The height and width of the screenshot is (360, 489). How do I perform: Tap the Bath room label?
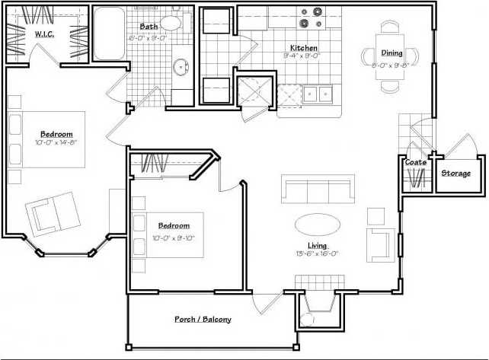[x=149, y=26]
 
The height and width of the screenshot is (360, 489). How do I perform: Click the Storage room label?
[x=456, y=173]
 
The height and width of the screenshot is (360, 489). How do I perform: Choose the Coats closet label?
[x=415, y=162]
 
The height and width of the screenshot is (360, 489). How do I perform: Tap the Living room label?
[x=317, y=245]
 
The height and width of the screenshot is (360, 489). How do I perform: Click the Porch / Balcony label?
[x=203, y=320]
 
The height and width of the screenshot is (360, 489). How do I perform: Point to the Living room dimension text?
[x=318, y=254]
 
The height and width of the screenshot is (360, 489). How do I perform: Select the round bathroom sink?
[x=181, y=67]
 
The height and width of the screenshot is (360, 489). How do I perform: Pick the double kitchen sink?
[x=318, y=94]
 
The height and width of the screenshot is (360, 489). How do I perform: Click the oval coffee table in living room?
[x=318, y=224]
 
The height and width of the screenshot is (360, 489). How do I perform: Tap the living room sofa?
[x=318, y=187]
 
